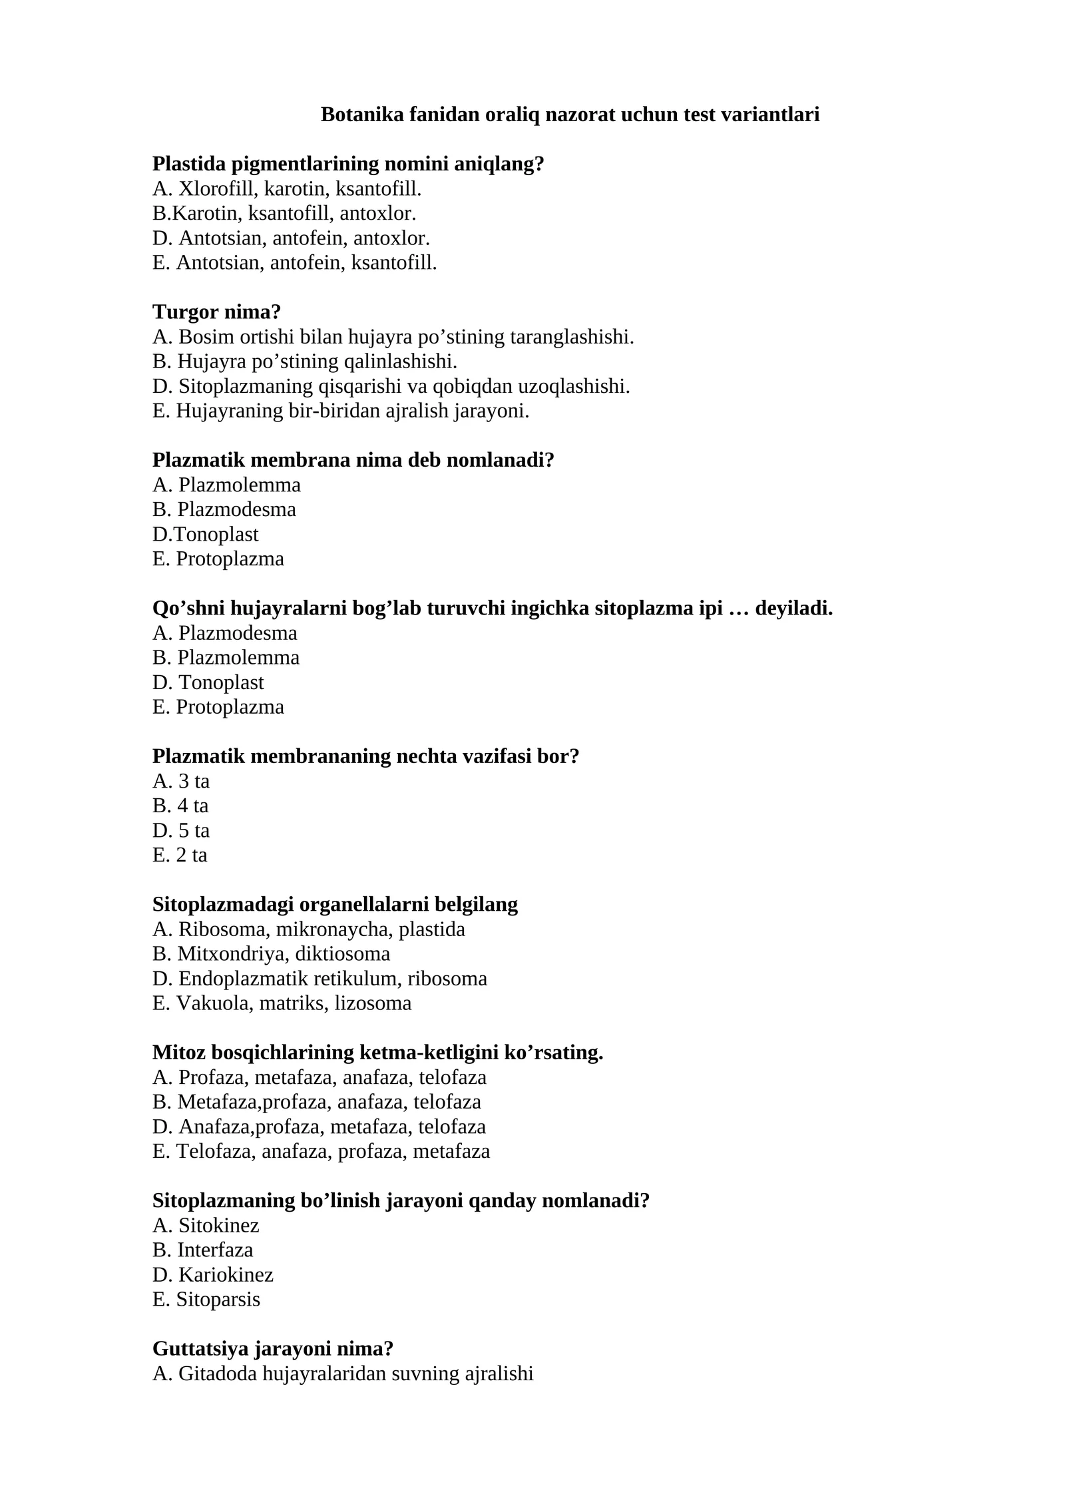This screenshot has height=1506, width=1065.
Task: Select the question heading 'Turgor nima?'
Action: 216,312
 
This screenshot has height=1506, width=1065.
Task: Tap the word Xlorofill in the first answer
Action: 217,189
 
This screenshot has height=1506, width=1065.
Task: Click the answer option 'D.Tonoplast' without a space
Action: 205,534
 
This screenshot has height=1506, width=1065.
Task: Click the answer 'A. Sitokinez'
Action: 206,1225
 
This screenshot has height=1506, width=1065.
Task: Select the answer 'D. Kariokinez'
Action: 212,1274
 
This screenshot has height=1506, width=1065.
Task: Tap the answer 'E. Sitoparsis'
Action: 206,1299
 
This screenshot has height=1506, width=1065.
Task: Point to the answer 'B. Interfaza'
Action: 202,1250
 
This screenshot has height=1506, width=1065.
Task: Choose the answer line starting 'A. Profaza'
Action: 319,1077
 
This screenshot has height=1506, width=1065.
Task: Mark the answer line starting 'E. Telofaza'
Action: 321,1151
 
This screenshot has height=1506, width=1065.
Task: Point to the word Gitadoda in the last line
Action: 218,1374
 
